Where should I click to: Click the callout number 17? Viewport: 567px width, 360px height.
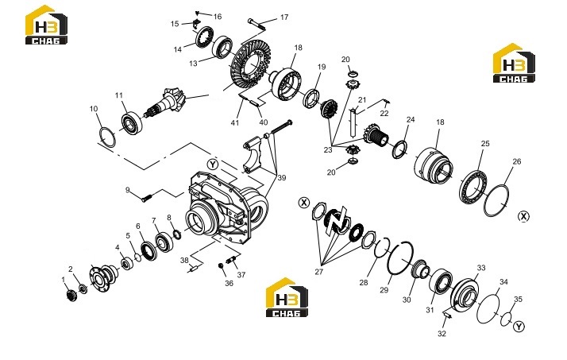click(284, 17)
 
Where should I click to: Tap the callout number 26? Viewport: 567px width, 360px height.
click(517, 161)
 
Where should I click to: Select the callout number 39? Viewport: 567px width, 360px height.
click(281, 178)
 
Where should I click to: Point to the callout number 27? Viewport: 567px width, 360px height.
click(318, 271)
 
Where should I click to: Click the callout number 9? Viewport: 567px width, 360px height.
click(127, 190)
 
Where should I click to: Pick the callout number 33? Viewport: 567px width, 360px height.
click(481, 268)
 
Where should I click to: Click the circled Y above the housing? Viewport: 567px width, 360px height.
click(213, 165)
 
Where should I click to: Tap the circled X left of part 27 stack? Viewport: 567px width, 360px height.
click(304, 203)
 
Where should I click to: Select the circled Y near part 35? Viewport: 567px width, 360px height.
click(519, 327)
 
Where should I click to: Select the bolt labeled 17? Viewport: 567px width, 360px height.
click(256, 25)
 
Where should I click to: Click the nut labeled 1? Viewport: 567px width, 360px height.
click(72, 296)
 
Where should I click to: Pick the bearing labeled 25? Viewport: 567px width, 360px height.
click(473, 186)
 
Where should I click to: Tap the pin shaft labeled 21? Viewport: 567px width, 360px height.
click(353, 123)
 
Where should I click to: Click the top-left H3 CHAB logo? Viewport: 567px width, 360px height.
click(46, 25)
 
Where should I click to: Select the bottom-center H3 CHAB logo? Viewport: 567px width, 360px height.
click(287, 297)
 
